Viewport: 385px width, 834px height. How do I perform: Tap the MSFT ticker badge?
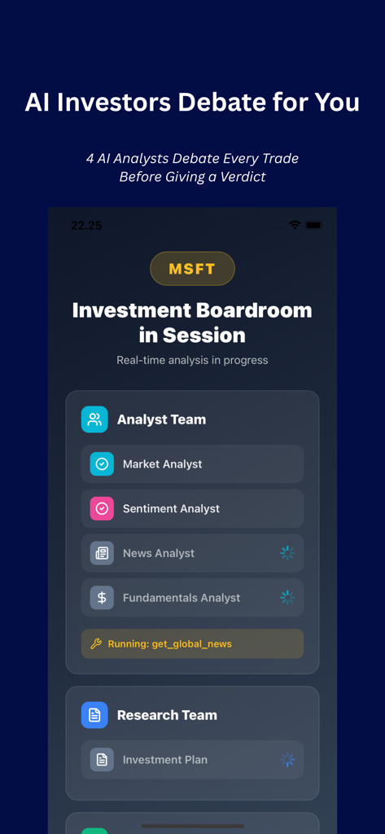(192, 269)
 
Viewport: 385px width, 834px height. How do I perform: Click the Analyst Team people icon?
(94, 419)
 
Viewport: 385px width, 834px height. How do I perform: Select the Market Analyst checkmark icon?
(102, 464)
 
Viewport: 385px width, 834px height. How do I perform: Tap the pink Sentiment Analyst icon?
(102, 509)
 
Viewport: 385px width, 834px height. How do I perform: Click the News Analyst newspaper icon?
(102, 553)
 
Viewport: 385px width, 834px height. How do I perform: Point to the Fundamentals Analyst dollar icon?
(102, 598)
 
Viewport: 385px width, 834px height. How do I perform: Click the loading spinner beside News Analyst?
(287, 553)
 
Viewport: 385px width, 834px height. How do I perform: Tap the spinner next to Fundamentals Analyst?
(287, 598)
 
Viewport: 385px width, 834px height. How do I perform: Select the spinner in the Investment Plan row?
(287, 760)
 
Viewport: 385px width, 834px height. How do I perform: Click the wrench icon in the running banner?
(96, 644)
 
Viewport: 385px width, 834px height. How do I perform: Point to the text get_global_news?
(191, 644)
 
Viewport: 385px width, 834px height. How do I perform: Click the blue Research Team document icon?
(94, 715)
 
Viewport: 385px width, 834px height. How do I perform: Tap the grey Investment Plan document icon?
(102, 760)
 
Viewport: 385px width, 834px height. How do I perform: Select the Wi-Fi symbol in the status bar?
(295, 225)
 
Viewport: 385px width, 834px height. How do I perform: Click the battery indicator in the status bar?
(314, 225)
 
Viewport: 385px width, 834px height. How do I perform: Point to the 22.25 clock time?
(86, 226)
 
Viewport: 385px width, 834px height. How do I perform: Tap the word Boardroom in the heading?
(252, 310)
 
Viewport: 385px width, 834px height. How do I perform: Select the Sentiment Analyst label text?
(171, 509)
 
